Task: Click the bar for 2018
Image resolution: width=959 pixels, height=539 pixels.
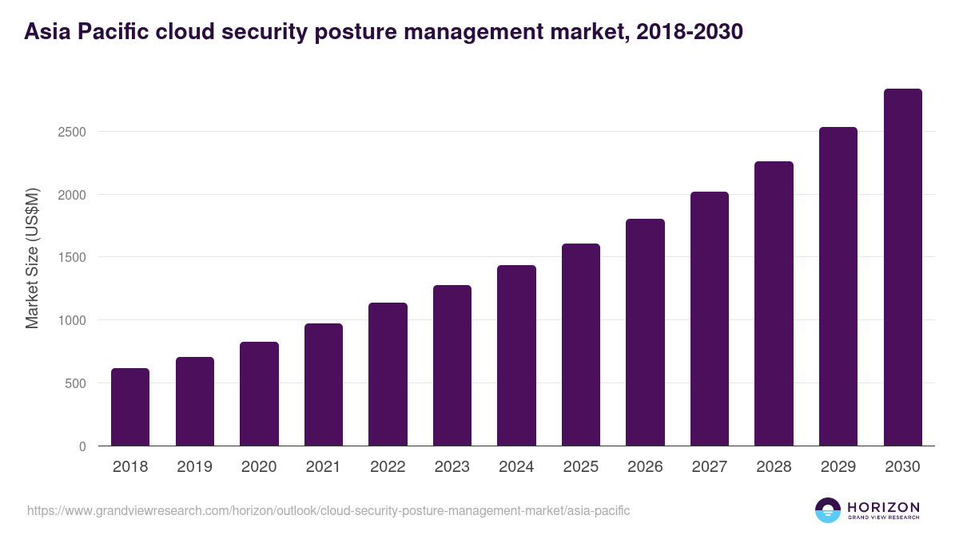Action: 130,407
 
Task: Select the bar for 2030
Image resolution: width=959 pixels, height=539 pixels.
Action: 902,268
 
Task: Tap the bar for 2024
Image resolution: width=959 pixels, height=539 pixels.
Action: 516,356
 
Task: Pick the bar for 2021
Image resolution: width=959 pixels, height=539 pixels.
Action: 324,385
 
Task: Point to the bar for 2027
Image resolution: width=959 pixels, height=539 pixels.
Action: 710,319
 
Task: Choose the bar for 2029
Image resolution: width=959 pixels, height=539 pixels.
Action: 838,287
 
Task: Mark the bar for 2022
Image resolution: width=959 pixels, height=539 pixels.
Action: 388,375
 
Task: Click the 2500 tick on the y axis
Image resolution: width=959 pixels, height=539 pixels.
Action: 72,132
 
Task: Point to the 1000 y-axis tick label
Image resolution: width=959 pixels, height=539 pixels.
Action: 72,320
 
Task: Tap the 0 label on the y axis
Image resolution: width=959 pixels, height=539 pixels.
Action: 82,446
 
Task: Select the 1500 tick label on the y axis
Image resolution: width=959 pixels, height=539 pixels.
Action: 72,258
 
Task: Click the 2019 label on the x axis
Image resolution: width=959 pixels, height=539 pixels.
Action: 195,467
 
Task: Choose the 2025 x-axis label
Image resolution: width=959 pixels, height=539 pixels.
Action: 581,467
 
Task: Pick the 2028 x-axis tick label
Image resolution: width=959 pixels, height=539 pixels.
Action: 774,467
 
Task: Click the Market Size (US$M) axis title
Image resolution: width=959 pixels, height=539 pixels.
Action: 32,258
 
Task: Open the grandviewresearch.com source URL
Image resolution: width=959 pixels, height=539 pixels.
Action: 328,510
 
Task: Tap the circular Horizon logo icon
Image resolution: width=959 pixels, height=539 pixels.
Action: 828,510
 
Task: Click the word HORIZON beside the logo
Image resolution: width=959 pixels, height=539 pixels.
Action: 883,507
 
